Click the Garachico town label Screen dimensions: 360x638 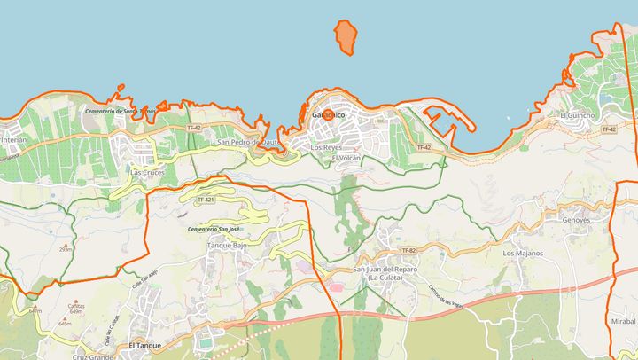(328, 114)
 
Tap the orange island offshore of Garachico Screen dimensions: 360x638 (346, 37)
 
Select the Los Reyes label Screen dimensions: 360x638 (326, 147)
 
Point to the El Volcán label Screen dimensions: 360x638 (347, 158)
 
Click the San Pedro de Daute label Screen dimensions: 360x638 (249, 142)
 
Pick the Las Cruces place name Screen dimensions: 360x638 (147, 172)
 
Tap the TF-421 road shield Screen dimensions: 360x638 (206, 200)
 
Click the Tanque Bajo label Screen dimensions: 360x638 (227, 246)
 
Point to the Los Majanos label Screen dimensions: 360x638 (522, 254)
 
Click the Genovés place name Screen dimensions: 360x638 (575, 219)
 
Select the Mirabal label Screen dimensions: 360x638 (623, 321)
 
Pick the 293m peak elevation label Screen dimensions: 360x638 (66, 250)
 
